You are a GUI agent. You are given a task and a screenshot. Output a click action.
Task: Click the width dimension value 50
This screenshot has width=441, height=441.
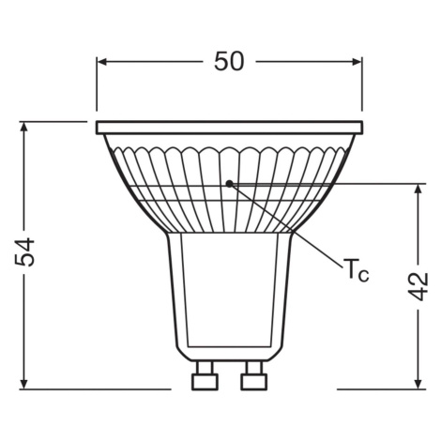click(x=229, y=61)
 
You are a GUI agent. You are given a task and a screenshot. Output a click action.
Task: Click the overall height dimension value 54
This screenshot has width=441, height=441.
click(x=24, y=252)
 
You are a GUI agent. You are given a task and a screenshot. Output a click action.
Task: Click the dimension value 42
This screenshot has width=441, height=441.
click(x=418, y=286)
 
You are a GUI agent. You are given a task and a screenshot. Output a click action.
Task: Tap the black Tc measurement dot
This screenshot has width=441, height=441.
click(x=230, y=184)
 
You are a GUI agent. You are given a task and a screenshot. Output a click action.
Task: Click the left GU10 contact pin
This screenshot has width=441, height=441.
click(x=205, y=375)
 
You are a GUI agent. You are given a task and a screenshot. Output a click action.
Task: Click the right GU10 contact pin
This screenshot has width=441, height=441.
click(x=254, y=375)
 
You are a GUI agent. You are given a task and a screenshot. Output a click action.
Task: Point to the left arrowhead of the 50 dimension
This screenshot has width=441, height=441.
click(x=102, y=62)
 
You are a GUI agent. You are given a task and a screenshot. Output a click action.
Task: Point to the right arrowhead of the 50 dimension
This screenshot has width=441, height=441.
click(x=357, y=62)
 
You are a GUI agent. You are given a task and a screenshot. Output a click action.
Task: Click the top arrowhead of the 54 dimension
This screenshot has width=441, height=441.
click(x=24, y=127)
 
